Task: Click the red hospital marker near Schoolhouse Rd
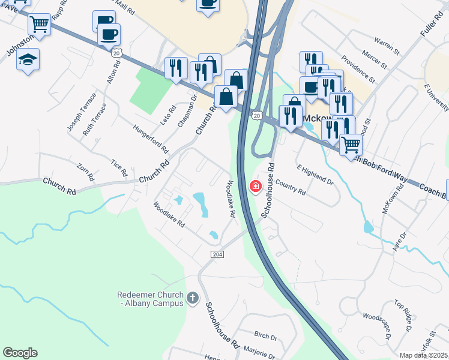tap(255, 186)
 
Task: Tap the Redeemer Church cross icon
tap(193, 298)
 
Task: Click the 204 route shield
tap(218, 254)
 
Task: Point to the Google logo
tap(20, 353)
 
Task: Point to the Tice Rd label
tap(120, 168)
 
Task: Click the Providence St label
tap(358, 69)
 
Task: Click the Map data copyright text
tap(423, 355)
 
